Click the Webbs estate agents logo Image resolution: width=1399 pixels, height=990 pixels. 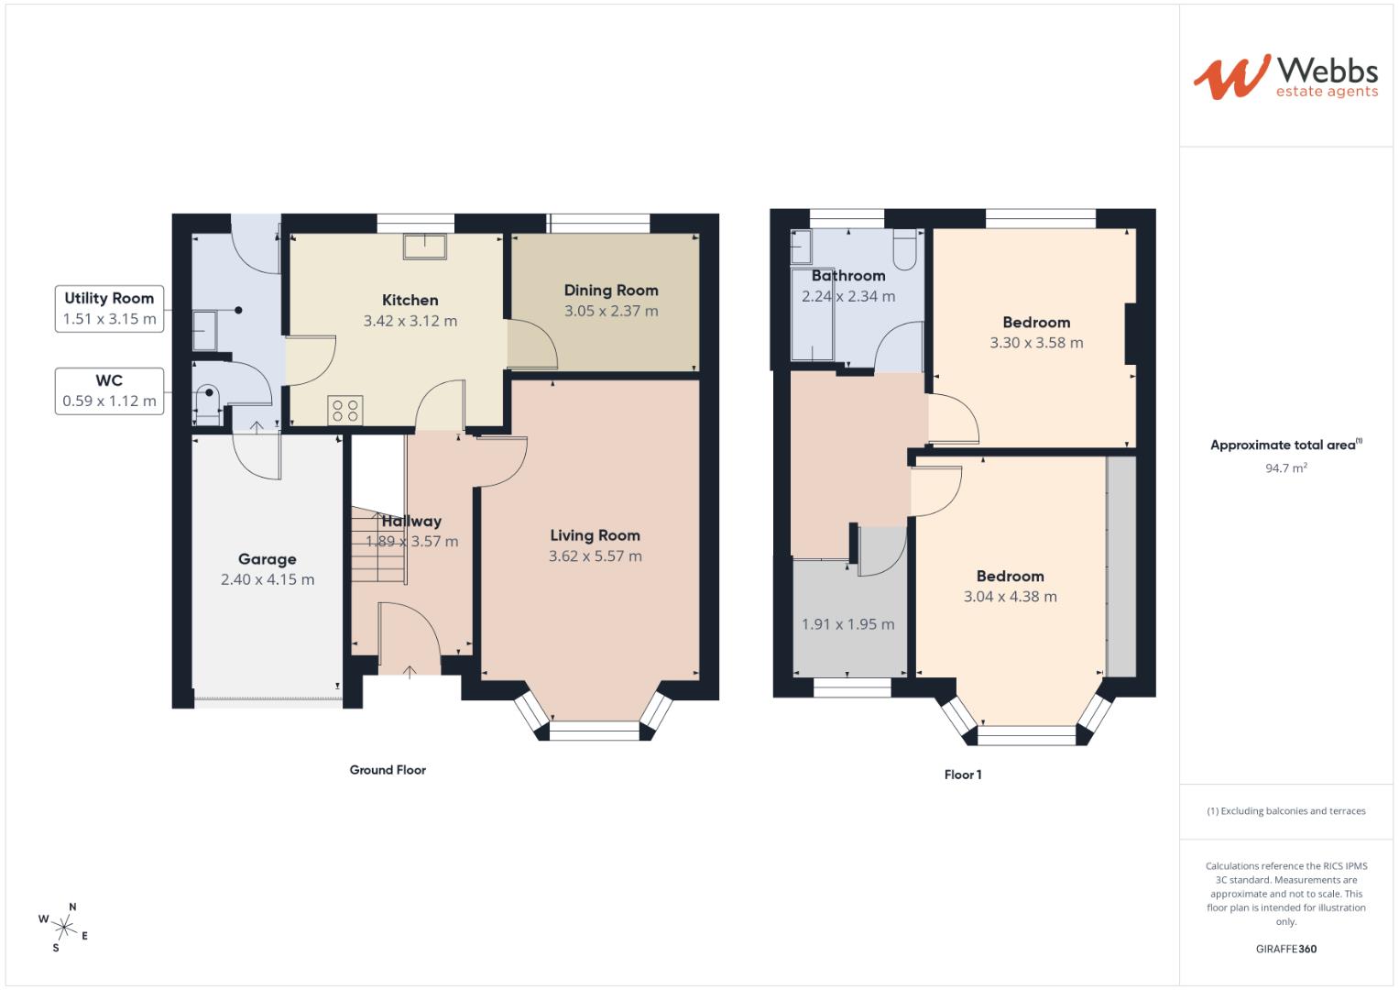coord(1284,76)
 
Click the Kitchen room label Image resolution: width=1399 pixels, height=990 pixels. coord(410,300)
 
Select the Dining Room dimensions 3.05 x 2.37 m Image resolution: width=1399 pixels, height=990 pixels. coord(611,311)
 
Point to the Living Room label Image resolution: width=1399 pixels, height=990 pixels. coord(595,535)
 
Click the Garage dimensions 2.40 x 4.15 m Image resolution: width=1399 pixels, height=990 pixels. coord(268,579)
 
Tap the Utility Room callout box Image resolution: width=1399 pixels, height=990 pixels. coord(109,309)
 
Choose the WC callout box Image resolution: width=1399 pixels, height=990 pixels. coord(109,390)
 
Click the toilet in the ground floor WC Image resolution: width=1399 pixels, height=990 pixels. coord(208,401)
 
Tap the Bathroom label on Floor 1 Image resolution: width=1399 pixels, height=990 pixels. coord(848,275)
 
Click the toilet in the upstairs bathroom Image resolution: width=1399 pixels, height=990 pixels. coord(905,250)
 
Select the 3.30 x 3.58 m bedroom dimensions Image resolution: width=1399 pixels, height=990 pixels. coord(1036,343)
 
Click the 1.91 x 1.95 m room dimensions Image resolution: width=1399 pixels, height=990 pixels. coord(847,624)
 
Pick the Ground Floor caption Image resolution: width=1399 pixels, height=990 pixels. coord(388,770)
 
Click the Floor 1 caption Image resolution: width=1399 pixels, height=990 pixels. coord(963,775)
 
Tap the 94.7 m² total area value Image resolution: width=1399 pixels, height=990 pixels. coord(1285,467)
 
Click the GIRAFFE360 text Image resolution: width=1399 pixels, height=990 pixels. coord(1285,949)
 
